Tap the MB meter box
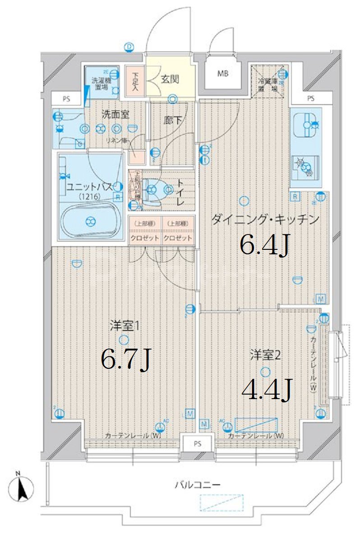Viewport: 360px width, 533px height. (223, 72)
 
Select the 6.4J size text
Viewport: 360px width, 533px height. (264, 245)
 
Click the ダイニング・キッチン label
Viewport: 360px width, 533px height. (265, 220)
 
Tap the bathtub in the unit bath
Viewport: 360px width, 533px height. (90, 221)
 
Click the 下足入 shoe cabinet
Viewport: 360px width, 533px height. (135, 82)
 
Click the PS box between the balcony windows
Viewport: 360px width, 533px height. (198, 443)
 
